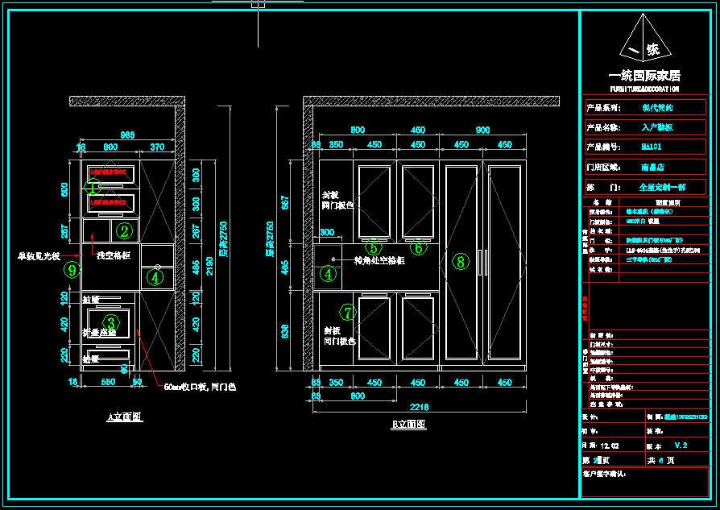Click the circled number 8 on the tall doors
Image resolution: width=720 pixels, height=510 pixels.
pyautogui.click(x=461, y=261)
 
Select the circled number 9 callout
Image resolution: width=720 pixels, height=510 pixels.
pyautogui.click(x=72, y=270)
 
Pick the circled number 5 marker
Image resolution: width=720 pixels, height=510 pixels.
pyautogui.click(x=373, y=247)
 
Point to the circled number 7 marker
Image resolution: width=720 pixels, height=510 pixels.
pyautogui.click(x=349, y=312)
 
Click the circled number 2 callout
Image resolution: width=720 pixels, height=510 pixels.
pyautogui.click(x=124, y=231)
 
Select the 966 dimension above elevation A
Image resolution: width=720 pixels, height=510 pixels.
pyautogui.click(x=127, y=135)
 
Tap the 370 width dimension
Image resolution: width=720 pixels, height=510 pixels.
pyautogui.click(x=157, y=147)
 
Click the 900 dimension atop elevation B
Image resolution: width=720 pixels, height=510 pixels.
pyautogui.click(x=482, y=130)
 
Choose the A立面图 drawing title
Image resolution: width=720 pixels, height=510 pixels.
pyautogui.click(x=125, y=417)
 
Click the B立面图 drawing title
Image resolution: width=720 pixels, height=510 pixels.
pyautogui.click(x=408, y=425)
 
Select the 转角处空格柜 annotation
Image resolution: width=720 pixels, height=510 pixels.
pyautogui.click(x=379, y=260)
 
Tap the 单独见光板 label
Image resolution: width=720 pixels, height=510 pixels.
pyautogui.click(x=39, y=256)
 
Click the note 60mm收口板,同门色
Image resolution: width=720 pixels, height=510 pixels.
pyautogui.click(x=200, y=387)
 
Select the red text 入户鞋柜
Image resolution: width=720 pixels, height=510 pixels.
pyautogui.click(x=656, y=127)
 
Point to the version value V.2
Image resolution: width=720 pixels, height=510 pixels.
pyautogui.click(x=681, y=445)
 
